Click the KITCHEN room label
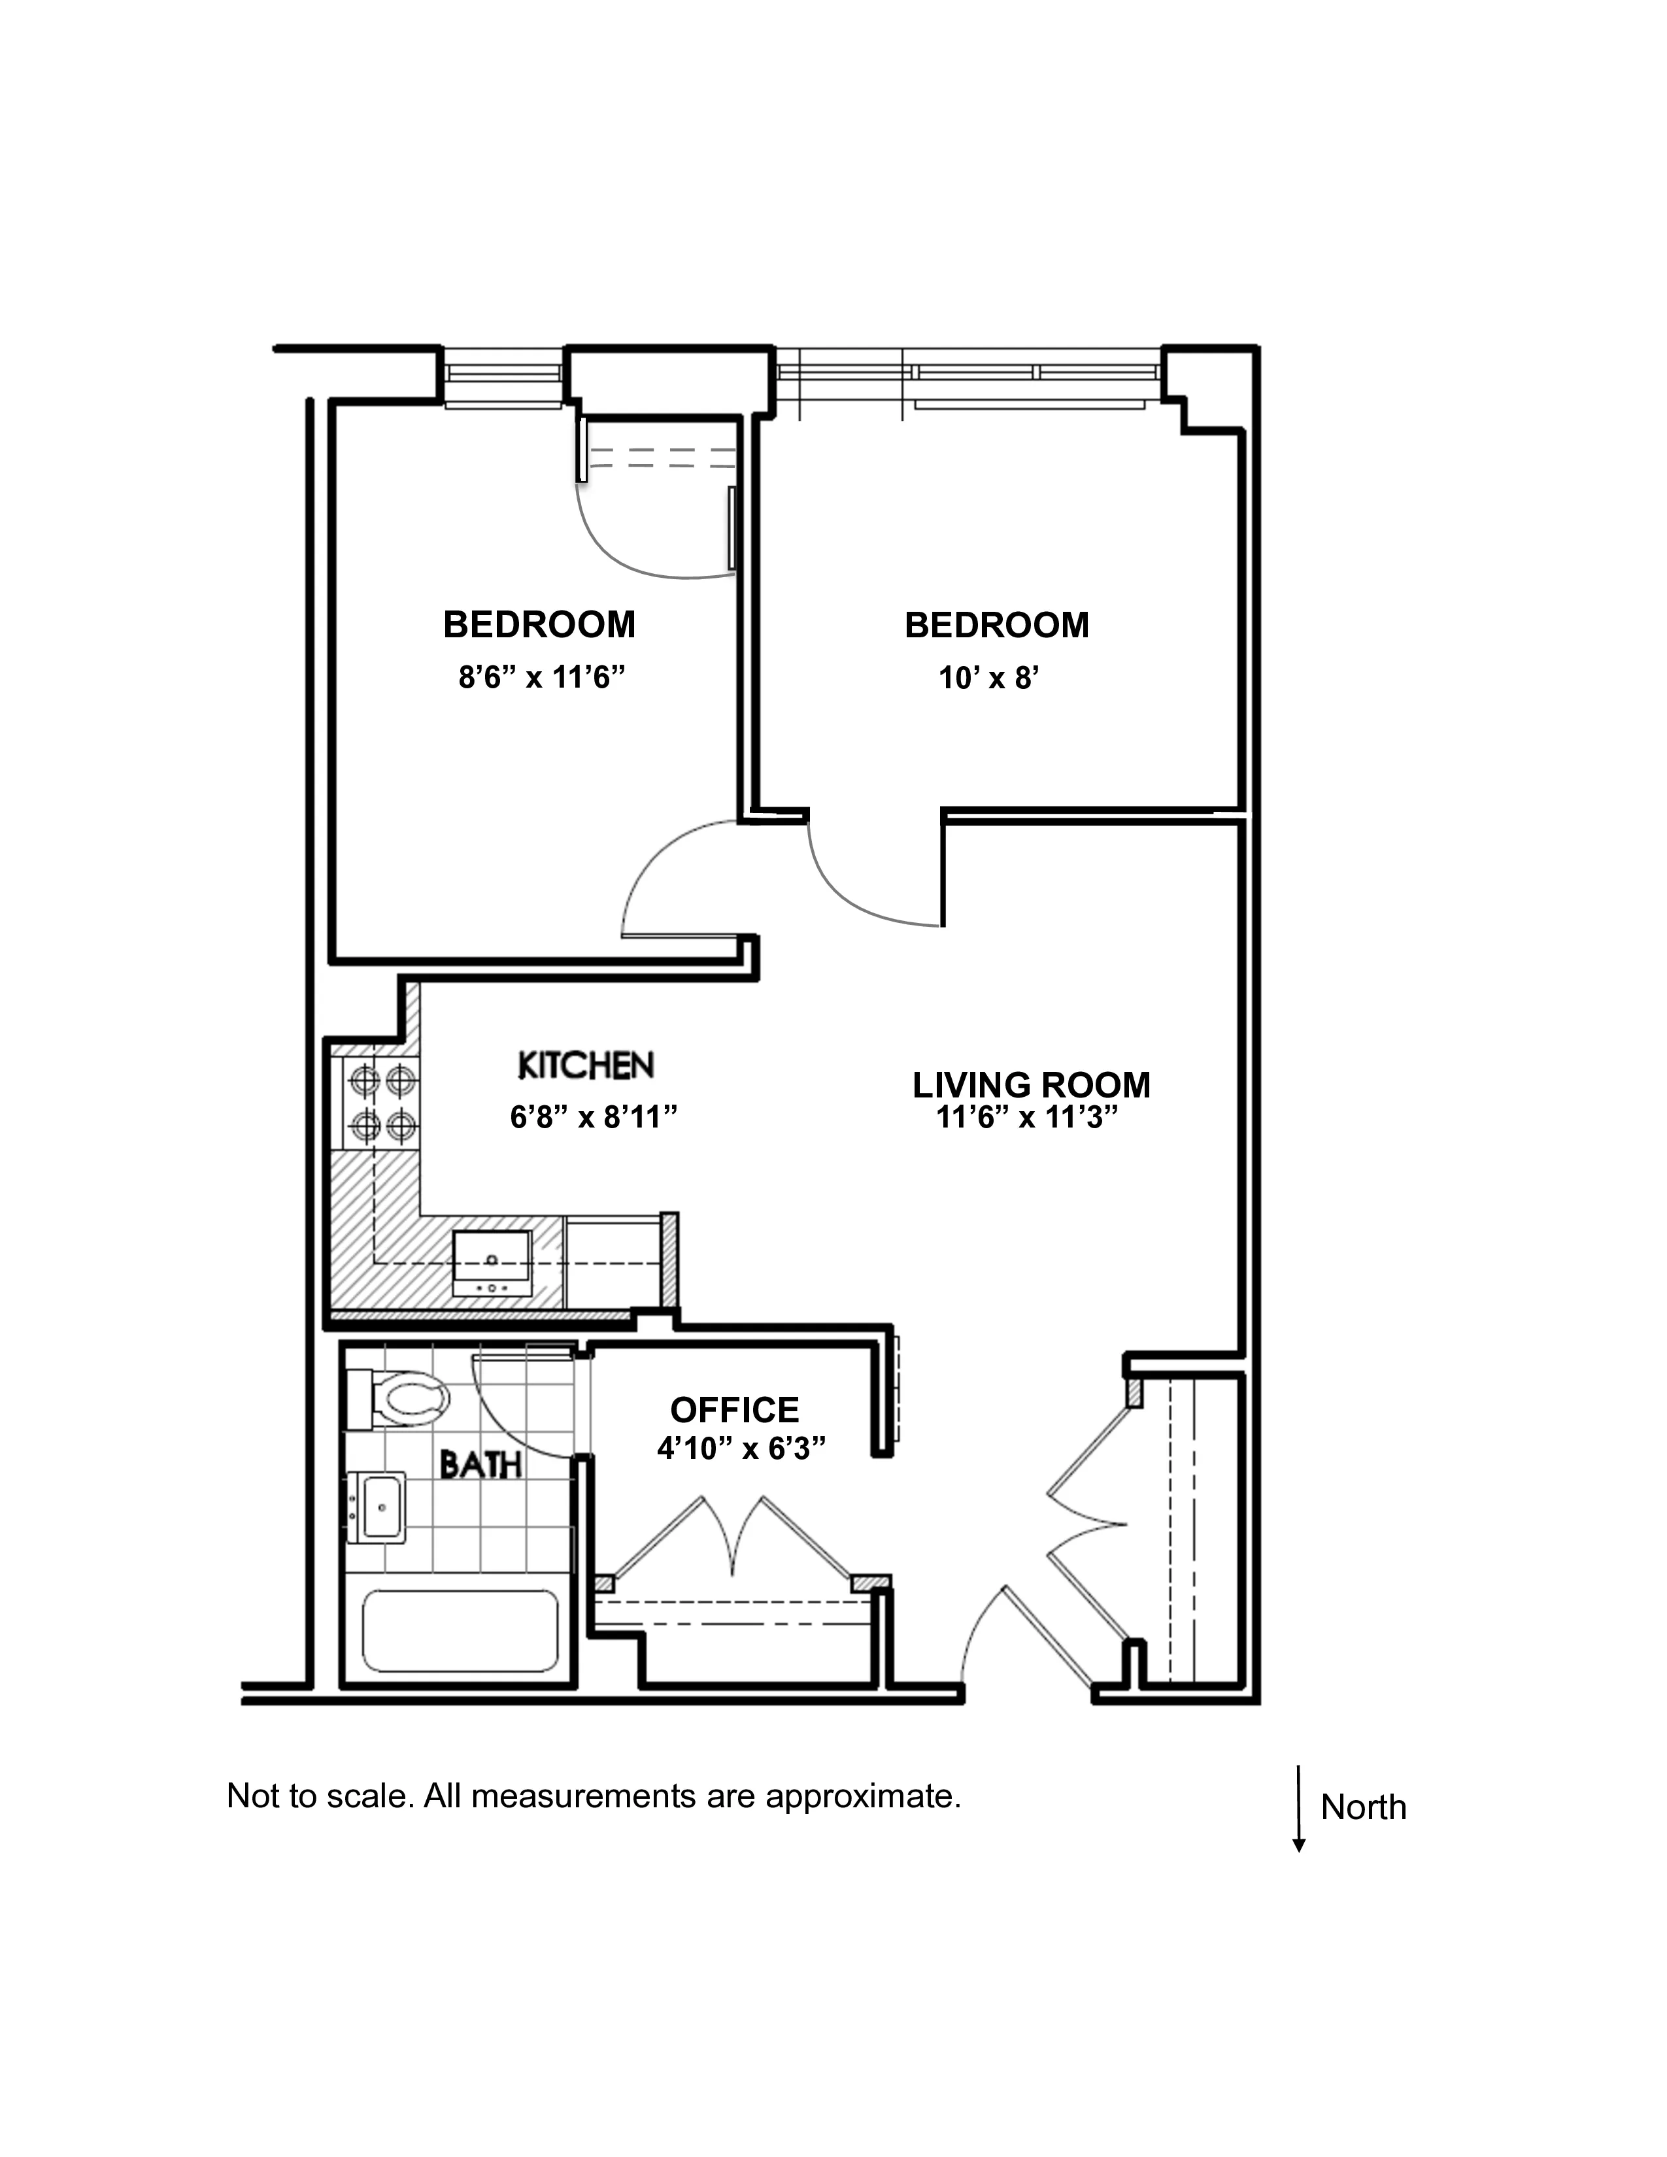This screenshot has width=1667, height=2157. [586, 1065]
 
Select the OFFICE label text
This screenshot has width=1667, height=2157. [733, 1409]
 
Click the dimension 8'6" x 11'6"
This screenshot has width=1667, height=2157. [542, 678]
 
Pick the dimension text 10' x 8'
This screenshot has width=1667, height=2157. [988, 678]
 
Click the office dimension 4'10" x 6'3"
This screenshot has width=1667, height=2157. [741, 1448]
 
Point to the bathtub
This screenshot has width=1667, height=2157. [459, 1630]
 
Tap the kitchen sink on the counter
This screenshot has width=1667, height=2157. [492, 1262]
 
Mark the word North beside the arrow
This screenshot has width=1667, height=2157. [1363, 1807]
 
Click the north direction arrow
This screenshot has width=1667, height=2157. [1300, 1807]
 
